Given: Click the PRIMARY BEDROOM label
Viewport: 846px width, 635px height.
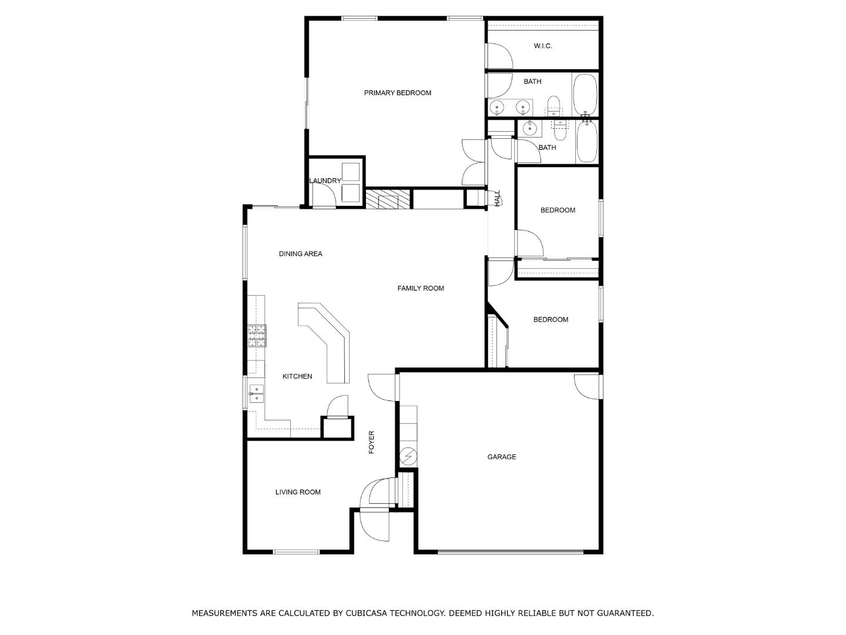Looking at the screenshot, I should tap(397, 93).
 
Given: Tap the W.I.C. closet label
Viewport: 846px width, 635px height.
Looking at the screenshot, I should tap(542, 46).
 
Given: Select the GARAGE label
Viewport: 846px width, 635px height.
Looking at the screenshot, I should tap(501, 457).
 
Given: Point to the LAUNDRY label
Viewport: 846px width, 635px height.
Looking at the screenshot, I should tap(325, 181).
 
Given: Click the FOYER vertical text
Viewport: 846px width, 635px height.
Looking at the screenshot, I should tap(371, 442).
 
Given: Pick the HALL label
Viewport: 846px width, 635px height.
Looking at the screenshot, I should tap(497, 198).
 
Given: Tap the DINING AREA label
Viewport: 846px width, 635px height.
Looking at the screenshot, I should tap(300, 254).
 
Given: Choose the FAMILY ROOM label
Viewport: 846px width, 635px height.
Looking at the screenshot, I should tap(420, 288).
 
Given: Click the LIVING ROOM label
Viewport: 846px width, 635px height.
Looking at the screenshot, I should tap(298, 492).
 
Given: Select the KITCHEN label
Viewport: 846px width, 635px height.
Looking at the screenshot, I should tap(297, 376).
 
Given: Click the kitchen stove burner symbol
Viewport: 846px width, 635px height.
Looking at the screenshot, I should tap(257, 336).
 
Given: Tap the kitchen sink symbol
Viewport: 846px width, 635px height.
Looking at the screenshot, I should tap(257, 393).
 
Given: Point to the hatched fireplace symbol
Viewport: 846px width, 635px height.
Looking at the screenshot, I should tap(387, 199).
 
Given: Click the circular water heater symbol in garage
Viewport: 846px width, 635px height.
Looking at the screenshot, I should tap(408, 456).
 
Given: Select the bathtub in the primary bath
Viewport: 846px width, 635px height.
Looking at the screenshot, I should tap(585, 94).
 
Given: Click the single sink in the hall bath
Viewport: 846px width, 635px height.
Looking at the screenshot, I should tap(531, 127).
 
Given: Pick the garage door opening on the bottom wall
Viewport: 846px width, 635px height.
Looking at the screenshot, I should tap(511, 552).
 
